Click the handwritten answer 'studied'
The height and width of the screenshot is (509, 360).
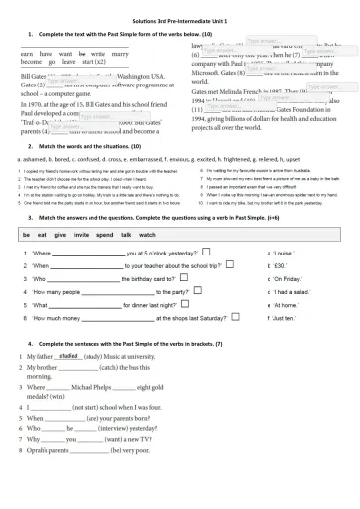point(69,355)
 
